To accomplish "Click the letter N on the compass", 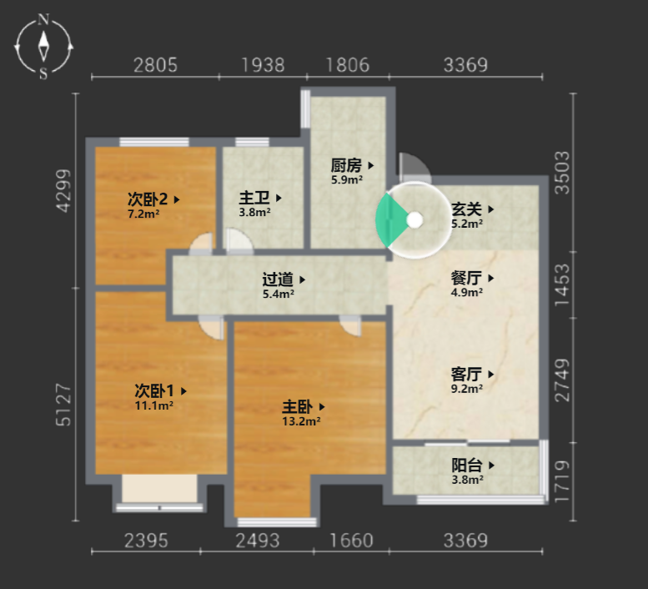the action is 43,19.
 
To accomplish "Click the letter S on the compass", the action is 43,74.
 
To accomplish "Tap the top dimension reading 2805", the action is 155,65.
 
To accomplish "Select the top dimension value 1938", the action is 263,65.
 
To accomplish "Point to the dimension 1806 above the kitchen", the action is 348,65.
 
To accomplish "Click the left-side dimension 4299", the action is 64,191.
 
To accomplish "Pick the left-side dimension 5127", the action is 64,405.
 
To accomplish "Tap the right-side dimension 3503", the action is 562,173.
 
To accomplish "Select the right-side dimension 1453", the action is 562,285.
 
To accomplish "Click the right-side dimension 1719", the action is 562,481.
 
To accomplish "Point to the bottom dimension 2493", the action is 258,541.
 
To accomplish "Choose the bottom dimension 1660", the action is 351,541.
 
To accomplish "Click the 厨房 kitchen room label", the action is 346,165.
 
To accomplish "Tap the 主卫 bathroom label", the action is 254,198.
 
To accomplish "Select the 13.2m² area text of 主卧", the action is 301,421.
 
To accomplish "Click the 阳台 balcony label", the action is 467,466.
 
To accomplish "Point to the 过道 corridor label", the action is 278,279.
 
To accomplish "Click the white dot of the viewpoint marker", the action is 414,220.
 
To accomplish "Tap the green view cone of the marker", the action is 389,220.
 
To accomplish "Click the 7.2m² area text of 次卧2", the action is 143,214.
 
